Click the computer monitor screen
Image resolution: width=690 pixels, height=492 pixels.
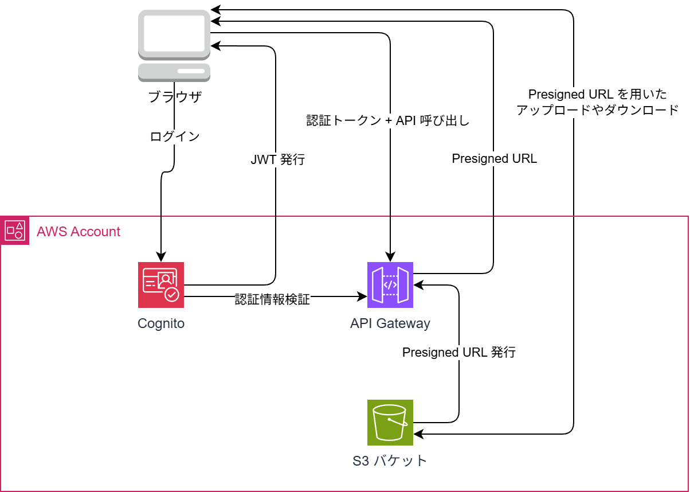pyautogui.click(x=174, y=33)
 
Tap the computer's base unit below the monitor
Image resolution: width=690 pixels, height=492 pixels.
pyautogui.click(x=174, y=71)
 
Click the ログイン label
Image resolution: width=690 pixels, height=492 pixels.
pyautogui.click(x=175, y=137)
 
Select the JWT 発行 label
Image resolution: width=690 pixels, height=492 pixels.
pyautogui.click(x=277, y=160)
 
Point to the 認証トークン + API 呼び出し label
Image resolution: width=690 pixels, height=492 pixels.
pyautogui.click(x=388, y=121)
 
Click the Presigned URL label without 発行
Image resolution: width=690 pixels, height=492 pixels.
pyautogui.click(x=495, y=159)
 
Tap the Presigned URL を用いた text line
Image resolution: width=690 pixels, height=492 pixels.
pyautogui.click(x=597, y=95)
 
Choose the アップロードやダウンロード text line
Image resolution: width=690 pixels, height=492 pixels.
pyautogui.click(x=597, y=110)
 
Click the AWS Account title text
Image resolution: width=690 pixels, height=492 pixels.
pyautogui.click(x=79, y=232)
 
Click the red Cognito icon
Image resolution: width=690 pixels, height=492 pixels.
pyautogui.click(x=161, y=285)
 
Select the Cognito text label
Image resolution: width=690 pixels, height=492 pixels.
pyautogui.click(x=161, y=323)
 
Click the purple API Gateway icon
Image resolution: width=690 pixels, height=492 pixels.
pyautogui.click(x=390, y=285)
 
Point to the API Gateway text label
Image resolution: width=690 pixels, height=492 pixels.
pyautogui.click(x=390, y=323)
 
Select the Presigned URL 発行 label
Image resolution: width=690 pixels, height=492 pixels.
pyautogui.click(x=458, y=353)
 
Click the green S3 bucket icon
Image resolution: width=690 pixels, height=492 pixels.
pyautogui.click(x=390, y=423)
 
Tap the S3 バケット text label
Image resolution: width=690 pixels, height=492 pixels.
pyautogui.click(x=390, y=461)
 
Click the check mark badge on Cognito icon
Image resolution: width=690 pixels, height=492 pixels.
pyautogui.click(x=171, y=295)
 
